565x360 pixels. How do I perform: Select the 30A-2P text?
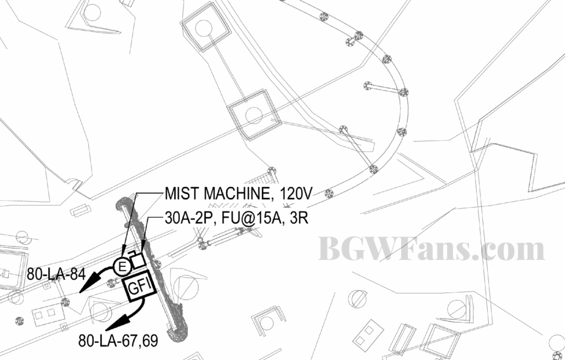188,218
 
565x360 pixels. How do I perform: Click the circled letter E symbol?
122,267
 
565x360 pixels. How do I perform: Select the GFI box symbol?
139,288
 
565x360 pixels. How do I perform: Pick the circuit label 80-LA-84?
56,275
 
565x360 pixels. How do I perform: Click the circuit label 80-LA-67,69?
118,341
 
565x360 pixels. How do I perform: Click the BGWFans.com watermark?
431,249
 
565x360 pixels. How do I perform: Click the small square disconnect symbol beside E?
138,260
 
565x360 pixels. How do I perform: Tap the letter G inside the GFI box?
134,289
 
